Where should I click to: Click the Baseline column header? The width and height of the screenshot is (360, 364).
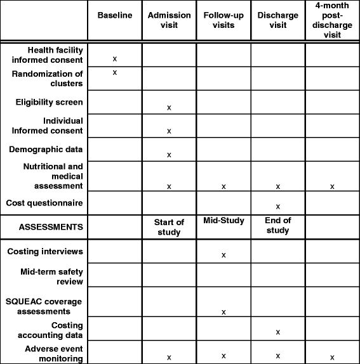point(115,15)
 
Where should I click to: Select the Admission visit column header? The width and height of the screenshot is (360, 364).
point(169,20)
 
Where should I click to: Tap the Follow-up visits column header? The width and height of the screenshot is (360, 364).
point(223,20)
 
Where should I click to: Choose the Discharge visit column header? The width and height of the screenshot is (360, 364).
point(277,20)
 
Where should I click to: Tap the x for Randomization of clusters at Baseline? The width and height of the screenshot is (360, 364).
point(115,72)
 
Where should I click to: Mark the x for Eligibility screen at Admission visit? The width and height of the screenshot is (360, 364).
point(169,108)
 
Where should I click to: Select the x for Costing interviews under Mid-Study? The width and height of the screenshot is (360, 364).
point(223,255)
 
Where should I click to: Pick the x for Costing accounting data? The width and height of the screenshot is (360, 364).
point(277,332)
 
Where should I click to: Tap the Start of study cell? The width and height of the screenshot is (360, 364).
point(169,226)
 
